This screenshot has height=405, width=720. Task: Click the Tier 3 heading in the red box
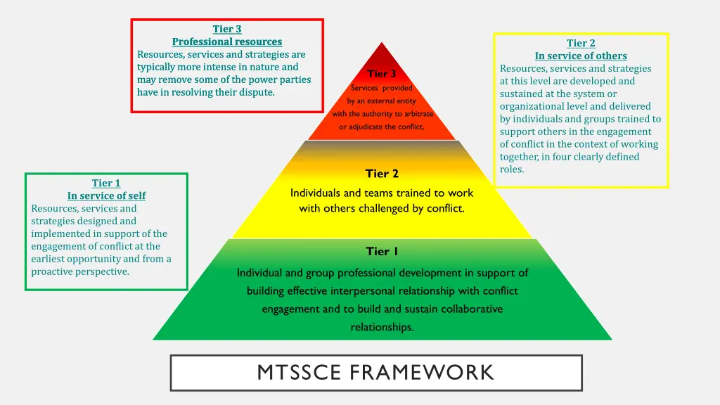(x=227, y=29)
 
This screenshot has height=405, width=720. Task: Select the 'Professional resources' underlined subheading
(x=227, y=41)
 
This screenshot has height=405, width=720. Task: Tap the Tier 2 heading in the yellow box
(x=581, y=43)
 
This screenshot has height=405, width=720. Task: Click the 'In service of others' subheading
(x=581, y=56)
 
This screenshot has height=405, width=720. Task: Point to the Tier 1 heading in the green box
(x=106, y=183)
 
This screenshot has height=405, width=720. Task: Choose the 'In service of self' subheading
(x=106, y=195)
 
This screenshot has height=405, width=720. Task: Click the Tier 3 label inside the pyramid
(x=382, y=73)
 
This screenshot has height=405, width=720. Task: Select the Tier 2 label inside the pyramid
(x=382, y=173)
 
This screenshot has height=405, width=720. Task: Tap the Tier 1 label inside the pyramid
(x=382, y=251)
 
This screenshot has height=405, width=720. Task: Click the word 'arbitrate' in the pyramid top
(x=418, y=114)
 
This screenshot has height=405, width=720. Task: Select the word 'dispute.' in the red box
(x=256, y=92)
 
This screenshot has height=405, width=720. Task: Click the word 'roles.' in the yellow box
(x=512, y=169)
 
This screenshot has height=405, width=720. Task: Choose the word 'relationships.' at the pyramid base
(x=382, y=327)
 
